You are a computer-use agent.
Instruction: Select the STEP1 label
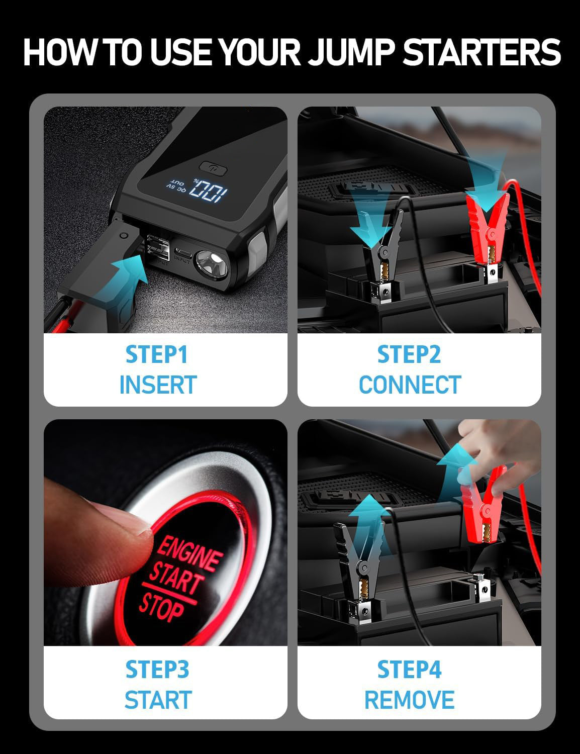pyautogui.click(x=156, y=354)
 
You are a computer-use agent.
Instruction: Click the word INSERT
pyautogui.click(x=157, y=385)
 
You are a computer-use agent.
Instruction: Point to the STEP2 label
pyautogui.click(x=409, y=354)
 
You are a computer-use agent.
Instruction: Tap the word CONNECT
pyautogui.click(x=410, y=385)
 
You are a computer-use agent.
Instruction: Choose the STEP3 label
pyautogui.click(x=157, y=670)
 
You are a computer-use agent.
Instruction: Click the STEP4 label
pyautogui.click(x=410, y=670)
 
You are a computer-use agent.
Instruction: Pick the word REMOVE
pyautogui.click(x=409, y=700)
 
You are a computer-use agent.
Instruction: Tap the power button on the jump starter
pyautogui.click(x=210, y=167)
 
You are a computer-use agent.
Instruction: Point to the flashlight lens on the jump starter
pyautogui.click(x=212, y=260)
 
